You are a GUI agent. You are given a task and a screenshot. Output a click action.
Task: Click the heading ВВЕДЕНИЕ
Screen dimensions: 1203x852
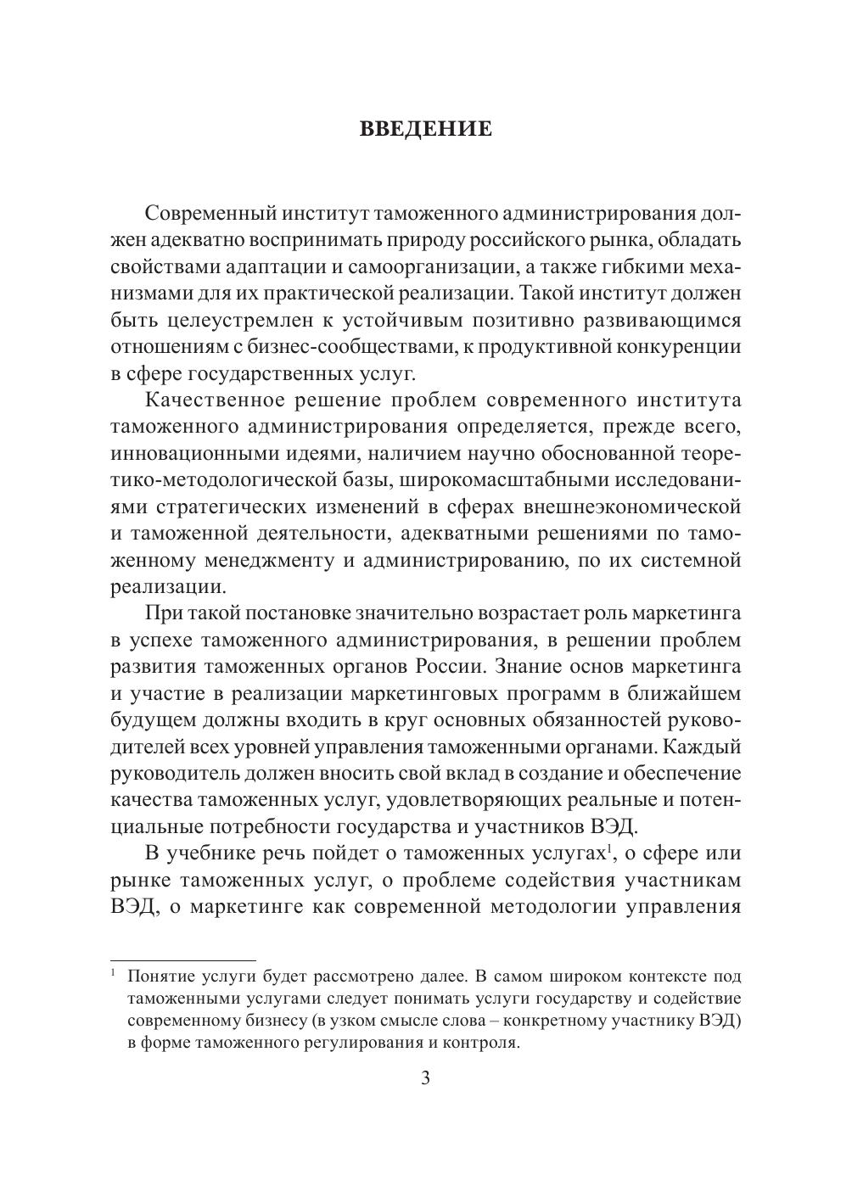[426, 129]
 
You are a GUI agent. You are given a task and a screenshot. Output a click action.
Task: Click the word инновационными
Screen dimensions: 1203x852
[188, 454]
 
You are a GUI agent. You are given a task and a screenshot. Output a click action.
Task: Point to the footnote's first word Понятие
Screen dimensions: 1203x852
[162, 975]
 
